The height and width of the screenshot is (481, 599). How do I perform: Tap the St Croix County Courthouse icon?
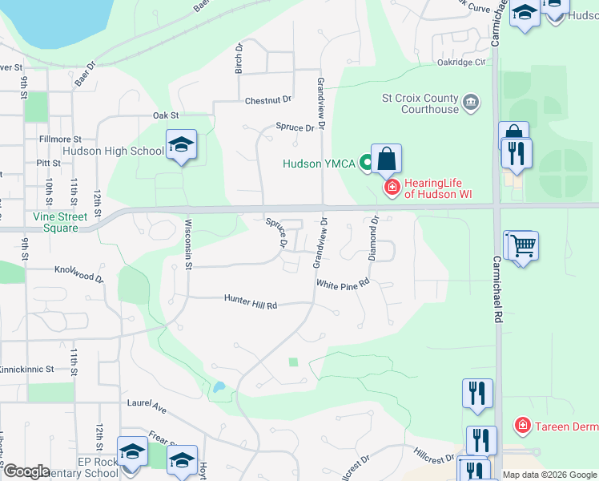tap(472, 102)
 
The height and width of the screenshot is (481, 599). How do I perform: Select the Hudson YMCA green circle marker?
tap(367, 164)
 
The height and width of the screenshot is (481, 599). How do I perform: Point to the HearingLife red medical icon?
tap(392, 188)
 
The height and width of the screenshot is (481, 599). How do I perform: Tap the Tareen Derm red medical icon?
tap(522, 426)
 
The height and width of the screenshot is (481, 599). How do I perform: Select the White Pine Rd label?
tap(342, 283)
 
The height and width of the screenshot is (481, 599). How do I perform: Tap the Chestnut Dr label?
tap(268, 100)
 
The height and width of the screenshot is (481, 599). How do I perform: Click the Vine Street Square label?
tap(55, 222)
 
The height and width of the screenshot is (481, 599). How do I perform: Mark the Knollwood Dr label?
tap(78, 273)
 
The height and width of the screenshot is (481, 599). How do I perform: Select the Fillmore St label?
tap(60, 139)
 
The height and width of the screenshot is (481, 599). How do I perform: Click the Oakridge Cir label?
tap(461, 62)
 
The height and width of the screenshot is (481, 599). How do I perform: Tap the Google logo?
tap(26, 472)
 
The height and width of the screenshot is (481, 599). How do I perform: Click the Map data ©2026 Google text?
tap(549, 475)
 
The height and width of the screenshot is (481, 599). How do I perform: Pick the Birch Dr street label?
tap(238, 59)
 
